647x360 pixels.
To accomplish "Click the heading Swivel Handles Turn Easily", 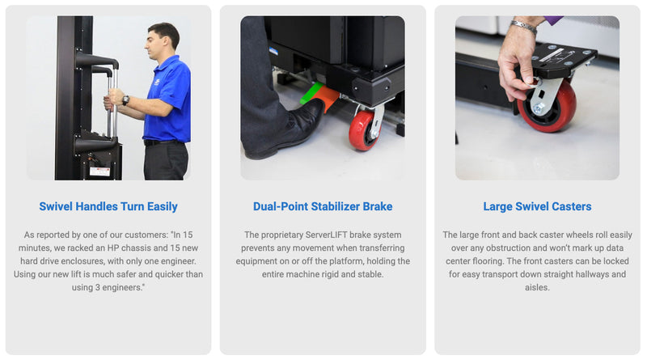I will pyautogui.click(x=108, y=206).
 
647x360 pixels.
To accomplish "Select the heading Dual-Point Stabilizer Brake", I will pyautogui.click(x=323, y=206).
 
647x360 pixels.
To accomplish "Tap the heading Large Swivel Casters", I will pyautogui.click(x=537, y=206).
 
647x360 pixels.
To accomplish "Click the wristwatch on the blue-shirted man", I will pyautogui.click(x=125, y=100).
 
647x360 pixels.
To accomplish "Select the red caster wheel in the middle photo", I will pyautogui.click(x=362, y=130).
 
